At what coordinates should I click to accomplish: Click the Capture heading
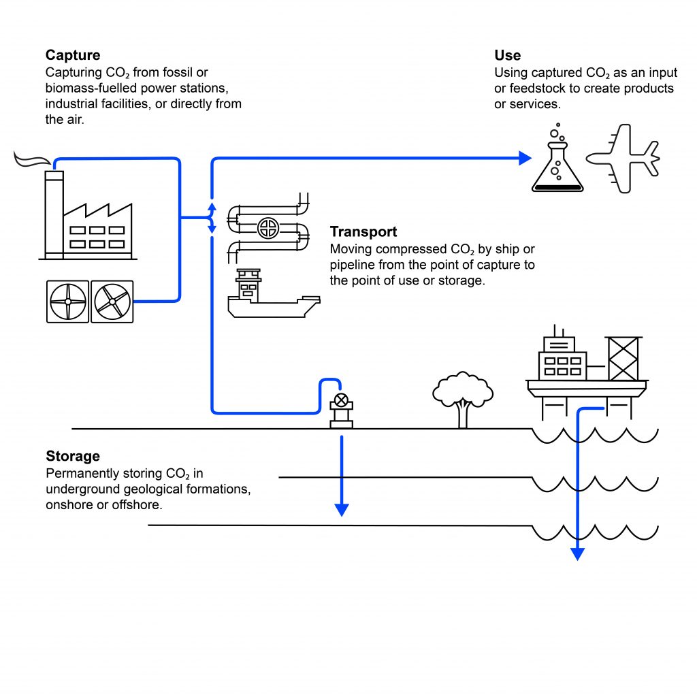(x=73, y=55)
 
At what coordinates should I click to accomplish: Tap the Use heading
(x=507, y=55)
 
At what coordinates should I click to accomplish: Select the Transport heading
(x=363, y=232)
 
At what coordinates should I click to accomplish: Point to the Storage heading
(x=73, y=456)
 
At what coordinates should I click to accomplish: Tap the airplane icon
(x=623, y=159)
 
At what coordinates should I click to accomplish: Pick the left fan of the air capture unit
(x=67, y=302)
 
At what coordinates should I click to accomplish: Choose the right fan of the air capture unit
(x=112, y=302)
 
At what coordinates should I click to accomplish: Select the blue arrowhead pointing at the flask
(x=524, y=158)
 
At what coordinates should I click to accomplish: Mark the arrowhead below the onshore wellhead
(x=342, y=509)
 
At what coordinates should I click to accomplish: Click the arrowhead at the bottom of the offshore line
(x=577, y=553)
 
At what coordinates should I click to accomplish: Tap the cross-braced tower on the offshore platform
(x=623, y=359)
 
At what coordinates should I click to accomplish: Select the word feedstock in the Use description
(x=538, y=88)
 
